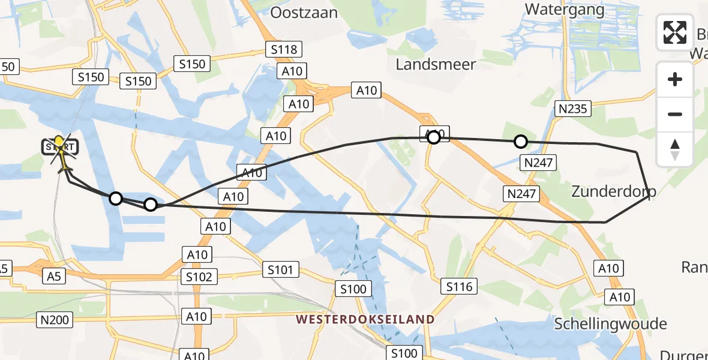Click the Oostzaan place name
tap(304, 13)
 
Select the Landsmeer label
tap(436, 64)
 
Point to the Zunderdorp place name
tap(613, 191)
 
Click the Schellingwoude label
tap(610, 324)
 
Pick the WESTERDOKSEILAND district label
tap(365, 319)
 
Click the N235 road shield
tap(573, 109)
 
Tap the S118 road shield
tap(284, 49)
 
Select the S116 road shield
tap(459, 286)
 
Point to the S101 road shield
tap(280, 270)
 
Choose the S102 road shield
tap(199, 277)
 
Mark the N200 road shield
tap(55, 320)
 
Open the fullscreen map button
tap(675, 32)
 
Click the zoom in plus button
tap(675, 79)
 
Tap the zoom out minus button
tap(675, 114)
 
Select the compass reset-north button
tap(675, 149)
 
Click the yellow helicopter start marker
tap(59, 144)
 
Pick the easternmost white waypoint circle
tap(521, 142)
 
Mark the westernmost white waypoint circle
tap(116, 198)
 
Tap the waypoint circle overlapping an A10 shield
tap(433, 137)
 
